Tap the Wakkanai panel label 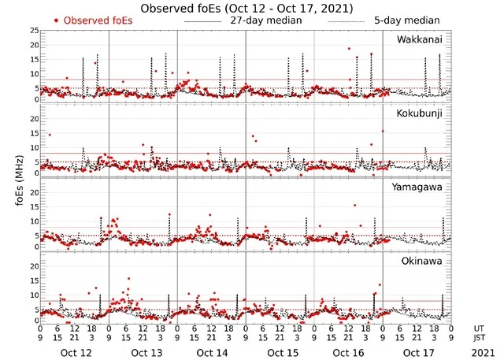[420, 39]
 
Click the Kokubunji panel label [419, 113]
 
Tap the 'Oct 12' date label [75, 351]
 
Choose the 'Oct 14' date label [212, 351]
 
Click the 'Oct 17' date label [417, 351]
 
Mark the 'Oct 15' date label [280, 351]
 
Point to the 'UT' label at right [480, 328]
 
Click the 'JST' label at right [480, 339]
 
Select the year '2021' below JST [480, 351]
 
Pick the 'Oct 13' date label [143, 351]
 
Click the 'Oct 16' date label [349, 351]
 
